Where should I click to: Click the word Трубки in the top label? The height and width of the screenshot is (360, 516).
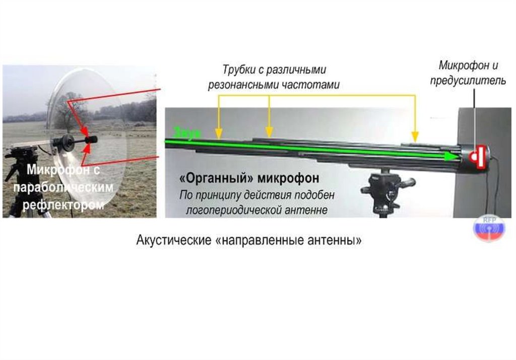pos(239,69)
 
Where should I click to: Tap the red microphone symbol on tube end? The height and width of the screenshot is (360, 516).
pos(476,156)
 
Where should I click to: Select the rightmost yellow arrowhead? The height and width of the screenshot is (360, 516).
pos(415,136)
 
